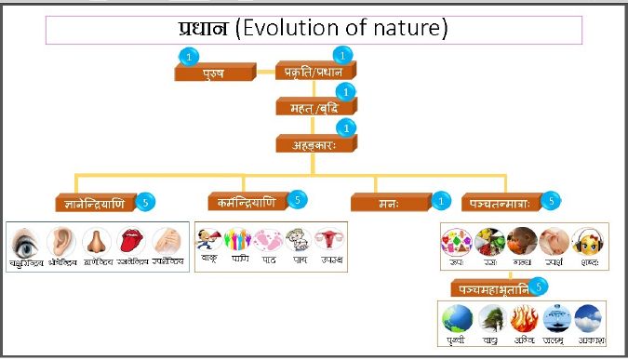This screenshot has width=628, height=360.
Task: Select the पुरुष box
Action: coord(213,72)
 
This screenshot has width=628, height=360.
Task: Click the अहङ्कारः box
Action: coord(314,144)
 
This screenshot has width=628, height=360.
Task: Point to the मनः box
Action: coord(390,201)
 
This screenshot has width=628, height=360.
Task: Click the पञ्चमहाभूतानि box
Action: coord(489,290)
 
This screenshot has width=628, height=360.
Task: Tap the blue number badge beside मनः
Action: coord(440,200)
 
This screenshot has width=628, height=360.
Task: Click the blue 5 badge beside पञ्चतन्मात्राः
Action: coord(551,200)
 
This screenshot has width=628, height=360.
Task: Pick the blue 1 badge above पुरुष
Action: coord(189,57)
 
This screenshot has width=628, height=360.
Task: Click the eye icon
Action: coord(25,243)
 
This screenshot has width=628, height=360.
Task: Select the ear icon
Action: coord(61,242)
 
